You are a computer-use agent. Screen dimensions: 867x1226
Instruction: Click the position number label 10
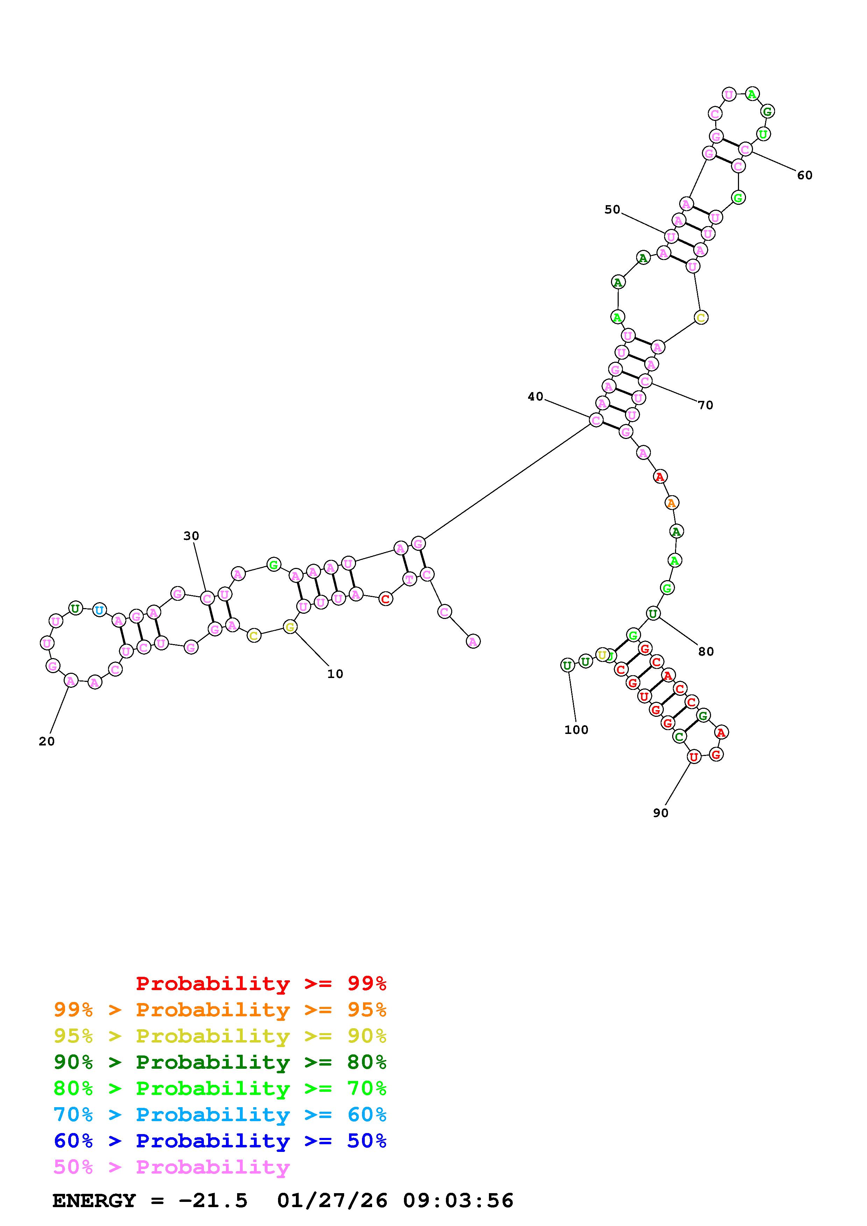pyautogui.click(x=335, y=674)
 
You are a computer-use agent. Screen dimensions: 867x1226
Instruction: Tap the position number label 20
pyautogui.click(x=47, y=741)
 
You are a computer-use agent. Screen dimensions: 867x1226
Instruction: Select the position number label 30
pyautogui.click(x=191, y=535)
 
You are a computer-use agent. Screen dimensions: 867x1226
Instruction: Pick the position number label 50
pyautogui.click(x=612, y=209)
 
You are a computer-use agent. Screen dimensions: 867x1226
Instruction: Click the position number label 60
pyautogui.click(x=804, y=175)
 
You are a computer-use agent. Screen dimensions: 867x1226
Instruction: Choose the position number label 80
pyautogui.click(x=706, y=651)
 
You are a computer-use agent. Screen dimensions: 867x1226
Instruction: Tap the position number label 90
pyautogui.click(x=660, y=813)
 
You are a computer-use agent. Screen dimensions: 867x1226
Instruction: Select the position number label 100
pyautogui.click(x=576, y=730)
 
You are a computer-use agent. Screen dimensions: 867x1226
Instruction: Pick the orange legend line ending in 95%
pyautogui.click(x=220, y=1010)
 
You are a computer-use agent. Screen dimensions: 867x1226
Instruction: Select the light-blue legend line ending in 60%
pyautogui.click(x=220, y=1115)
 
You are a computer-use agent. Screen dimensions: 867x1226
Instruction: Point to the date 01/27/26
pyautogui.click(x=332, y=1201)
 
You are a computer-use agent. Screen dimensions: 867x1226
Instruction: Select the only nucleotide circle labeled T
pyautogui.click(x=409, y=579)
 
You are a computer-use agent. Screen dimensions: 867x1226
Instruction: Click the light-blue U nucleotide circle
pyautogui.click(x=99, y=610)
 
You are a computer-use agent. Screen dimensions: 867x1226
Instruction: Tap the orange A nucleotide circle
pyautogui.click(x=671, y=503)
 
